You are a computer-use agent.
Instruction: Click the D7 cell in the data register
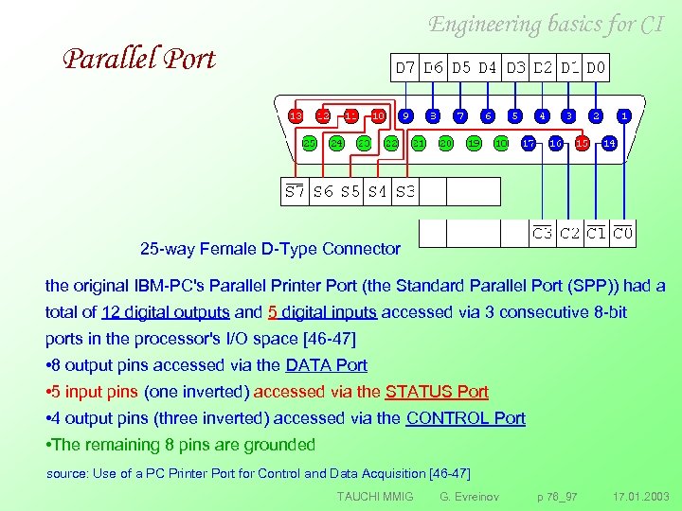tap(405, 68)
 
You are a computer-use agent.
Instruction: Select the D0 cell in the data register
tap(597, 68)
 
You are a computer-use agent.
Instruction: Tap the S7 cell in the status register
tap(296, 192)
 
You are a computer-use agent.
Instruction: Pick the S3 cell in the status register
tap(404, 192)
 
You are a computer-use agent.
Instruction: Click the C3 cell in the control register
tap(543, 233)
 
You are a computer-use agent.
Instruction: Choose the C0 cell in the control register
tap(623, 233)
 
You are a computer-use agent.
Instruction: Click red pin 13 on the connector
tap(296, 115)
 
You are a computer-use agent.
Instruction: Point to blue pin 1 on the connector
tap(623, 115)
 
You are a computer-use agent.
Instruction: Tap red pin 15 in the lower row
tap(583, 143)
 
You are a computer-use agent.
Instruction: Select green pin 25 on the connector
tap(309, 143)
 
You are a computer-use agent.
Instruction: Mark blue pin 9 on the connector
tap(405, 115)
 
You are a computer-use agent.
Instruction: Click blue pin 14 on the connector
tap(610, 143)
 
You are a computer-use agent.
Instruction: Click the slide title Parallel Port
tap(139, 59)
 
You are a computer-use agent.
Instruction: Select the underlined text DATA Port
tap(326, 365)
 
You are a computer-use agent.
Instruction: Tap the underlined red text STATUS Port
tap(437, 392)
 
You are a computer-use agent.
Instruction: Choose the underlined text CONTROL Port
tap(465, 418)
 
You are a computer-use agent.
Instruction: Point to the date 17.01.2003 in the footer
tap(640, 496)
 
